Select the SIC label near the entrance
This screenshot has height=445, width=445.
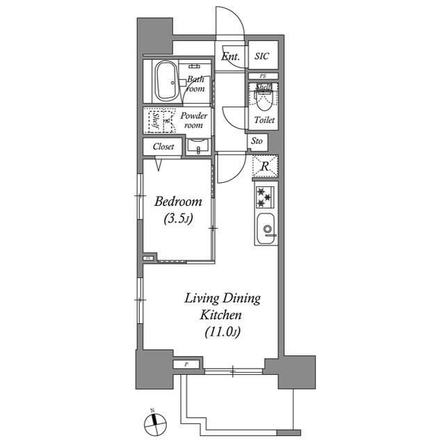262,56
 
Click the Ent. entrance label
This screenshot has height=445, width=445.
230,57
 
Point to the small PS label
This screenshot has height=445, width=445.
264,75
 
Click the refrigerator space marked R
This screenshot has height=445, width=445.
264,165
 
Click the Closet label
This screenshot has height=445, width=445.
163,147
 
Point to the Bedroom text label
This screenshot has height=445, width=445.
178,202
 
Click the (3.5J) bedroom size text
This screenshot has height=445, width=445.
178,219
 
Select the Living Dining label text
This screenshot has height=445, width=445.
222,299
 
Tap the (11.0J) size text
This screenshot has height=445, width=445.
222,332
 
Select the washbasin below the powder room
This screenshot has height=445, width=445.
198,147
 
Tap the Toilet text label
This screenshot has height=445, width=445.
264,120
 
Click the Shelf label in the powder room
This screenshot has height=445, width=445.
153,120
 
